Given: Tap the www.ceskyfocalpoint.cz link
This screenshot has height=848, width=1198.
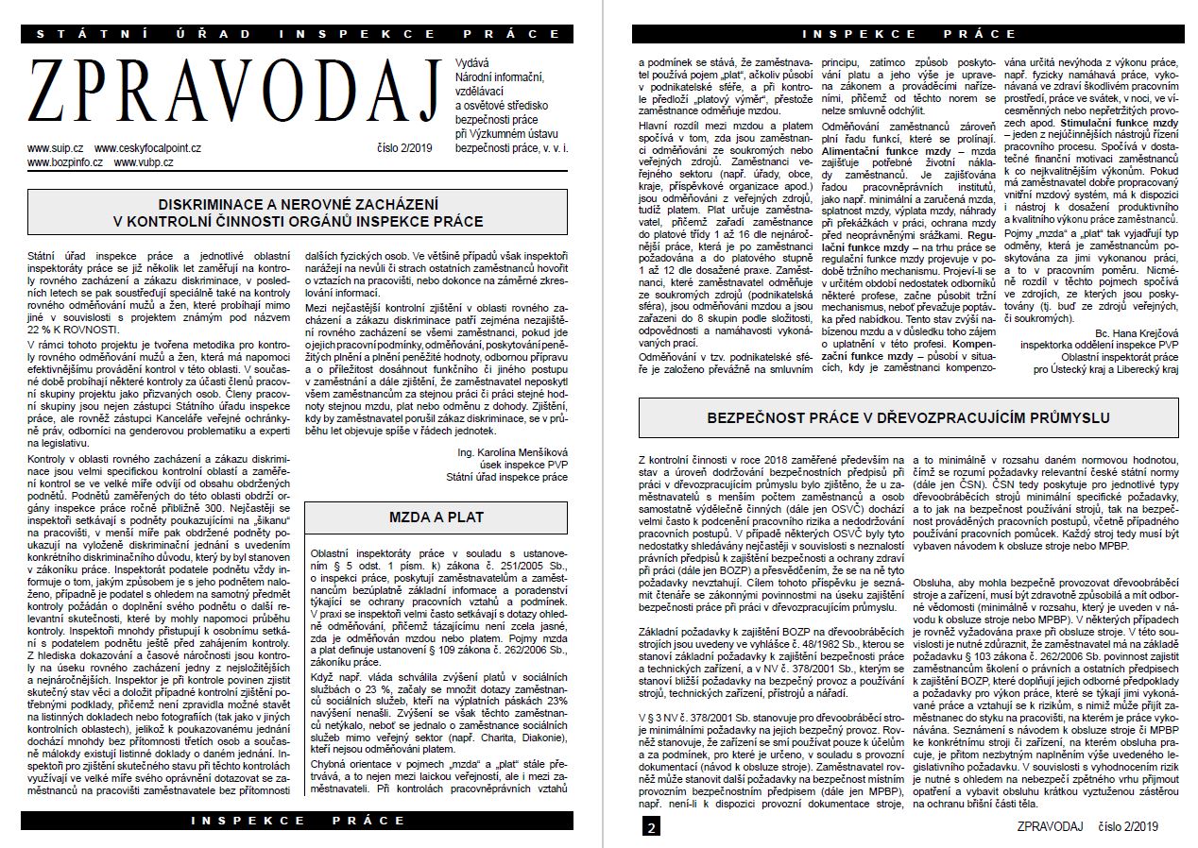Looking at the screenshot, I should pyautogui.click(x=147, y=148).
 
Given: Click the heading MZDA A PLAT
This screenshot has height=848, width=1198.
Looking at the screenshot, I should pyautogui.click(x=436, y=517).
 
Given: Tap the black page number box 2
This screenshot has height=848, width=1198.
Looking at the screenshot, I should pyautogui.click(x=651, y=828).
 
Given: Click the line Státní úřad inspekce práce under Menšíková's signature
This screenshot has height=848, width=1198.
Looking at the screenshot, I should pyautogui.click(x=507, y=477).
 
